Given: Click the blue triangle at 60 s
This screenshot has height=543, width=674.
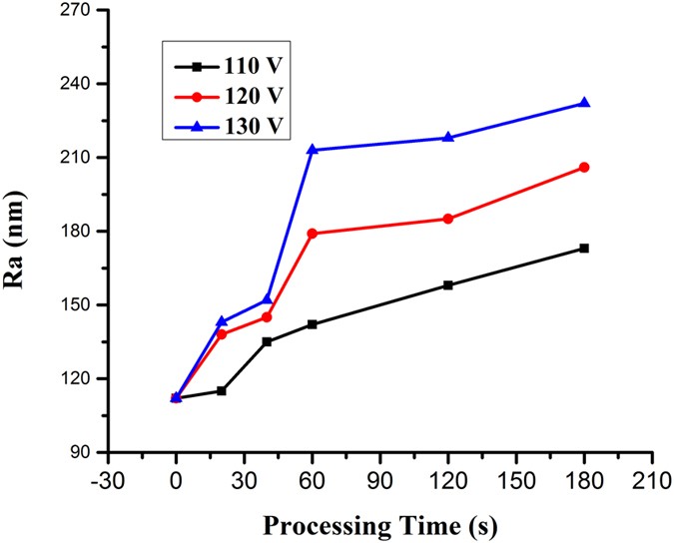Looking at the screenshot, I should [x=313, y=150].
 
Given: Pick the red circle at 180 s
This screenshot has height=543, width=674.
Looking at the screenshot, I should [x=584, y=167].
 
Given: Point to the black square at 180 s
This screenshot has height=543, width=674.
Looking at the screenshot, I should [x=584, y=248].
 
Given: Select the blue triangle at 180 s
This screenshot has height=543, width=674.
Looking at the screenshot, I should [x=584, y=103].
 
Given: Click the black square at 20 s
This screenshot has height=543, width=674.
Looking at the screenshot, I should [x=222, y=390].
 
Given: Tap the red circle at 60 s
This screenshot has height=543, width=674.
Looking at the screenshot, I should [x=313, y=233].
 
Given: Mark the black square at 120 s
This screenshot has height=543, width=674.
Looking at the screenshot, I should [x=448, y=284].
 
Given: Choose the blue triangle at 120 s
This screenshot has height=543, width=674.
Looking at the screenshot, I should [x=448, y=137].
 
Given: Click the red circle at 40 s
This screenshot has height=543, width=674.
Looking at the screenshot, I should [x=267, y=316].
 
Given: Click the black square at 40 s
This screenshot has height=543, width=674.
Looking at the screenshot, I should [x=267, y=341].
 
